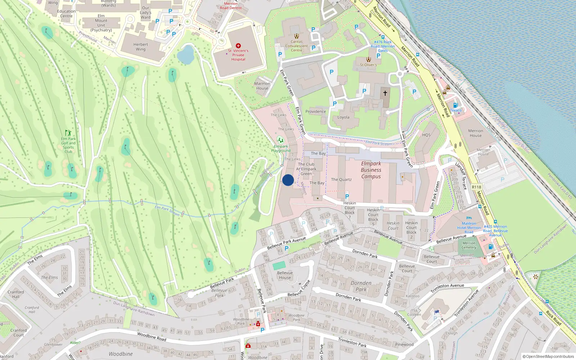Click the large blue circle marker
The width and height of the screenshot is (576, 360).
pos(288,180)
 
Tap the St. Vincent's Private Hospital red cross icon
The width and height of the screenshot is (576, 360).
pos(238,46)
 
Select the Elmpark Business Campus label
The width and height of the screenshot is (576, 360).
pos(371,170)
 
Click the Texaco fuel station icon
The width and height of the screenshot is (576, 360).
pos(455,105)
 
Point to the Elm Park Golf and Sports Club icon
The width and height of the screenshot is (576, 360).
pos(68,133)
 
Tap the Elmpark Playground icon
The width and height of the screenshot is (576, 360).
pos(280,140)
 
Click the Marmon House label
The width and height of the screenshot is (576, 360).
pos(262,86)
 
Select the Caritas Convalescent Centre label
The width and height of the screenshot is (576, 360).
pos(297,46)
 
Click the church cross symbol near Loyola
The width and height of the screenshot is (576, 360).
pos(385,93)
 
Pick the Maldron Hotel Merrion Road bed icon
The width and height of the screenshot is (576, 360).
pos(469,218)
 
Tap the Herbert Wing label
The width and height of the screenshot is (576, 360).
pos(140,47)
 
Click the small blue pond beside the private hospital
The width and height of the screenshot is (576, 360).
pos(186,54)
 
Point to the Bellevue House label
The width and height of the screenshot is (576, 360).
pos(285,275)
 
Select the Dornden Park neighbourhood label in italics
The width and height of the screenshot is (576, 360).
pos(361,286)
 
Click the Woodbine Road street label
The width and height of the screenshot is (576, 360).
pos(152,337)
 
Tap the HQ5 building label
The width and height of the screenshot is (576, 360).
pos(426,135)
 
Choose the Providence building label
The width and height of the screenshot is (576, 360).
pos(316,112)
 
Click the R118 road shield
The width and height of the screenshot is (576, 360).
pos(476,187)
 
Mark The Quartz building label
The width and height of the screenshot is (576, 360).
pos(341,179)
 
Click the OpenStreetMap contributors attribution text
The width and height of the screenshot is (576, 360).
pos(548,357)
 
